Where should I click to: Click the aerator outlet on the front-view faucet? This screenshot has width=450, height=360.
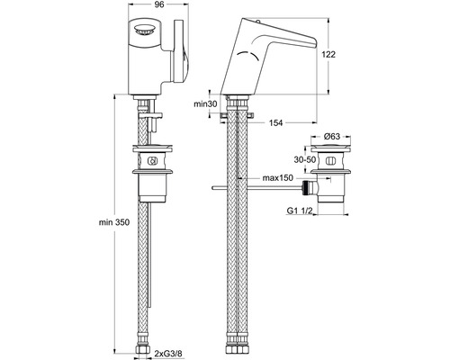pyautogui.click(x=148, y=31)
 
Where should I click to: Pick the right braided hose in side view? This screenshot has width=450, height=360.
pyautogui.click(x=244, y=234)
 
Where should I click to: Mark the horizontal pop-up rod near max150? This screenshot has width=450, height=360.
pyautogui.click(x=261, y=187)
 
